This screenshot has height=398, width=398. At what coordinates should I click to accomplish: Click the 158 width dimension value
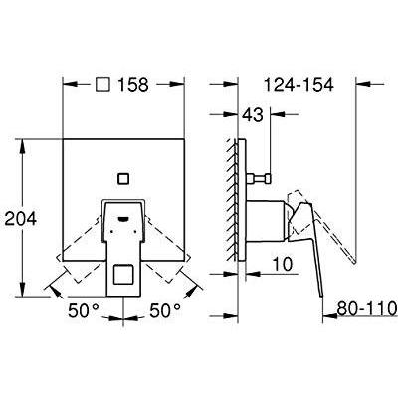(x=133, y=85)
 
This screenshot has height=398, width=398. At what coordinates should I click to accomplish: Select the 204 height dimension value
(x=20, y=219)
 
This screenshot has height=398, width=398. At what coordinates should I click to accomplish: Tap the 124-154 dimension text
(x=298, y=85)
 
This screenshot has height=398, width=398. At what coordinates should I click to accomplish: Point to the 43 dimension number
(x=253, y=114)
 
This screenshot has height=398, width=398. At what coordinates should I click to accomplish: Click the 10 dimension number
(x=283, y=264)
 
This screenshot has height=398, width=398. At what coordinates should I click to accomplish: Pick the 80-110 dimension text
(x=367, y=309)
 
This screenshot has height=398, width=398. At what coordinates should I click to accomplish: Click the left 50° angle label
(x=84, y=310)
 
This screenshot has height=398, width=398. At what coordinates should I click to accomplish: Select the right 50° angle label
(x=165, y=310)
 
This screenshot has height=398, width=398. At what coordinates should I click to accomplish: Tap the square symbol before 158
(x=102, y=85)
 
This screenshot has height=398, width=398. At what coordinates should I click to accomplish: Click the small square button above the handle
(x=123, y=179)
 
